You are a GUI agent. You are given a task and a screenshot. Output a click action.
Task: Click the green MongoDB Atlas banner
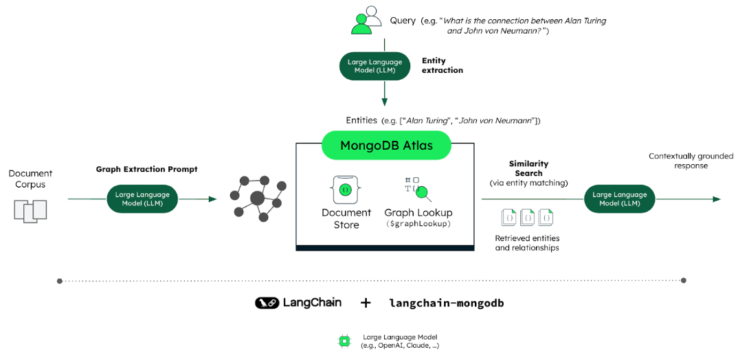click(x=386, y=146)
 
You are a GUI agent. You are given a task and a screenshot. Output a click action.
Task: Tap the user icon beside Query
click(x=365, y=21)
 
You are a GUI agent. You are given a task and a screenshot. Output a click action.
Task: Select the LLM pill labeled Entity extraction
click(x=375, y=66)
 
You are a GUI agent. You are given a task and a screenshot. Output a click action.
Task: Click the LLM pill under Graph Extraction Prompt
click(x=142, y=199)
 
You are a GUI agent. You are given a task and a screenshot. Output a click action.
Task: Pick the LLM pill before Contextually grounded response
click(x=619, y=199)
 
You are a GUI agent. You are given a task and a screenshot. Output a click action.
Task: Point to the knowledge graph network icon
click(x=257, y=198)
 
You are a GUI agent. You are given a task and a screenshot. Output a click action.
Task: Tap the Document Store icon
click(x=346, y=189)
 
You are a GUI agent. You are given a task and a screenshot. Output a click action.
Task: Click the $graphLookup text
click(x=418, y=225)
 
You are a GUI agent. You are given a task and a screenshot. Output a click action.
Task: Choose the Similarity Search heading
click(x=528, y=168)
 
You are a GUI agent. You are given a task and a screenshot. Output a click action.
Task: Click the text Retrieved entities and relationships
click(x=527, y=243)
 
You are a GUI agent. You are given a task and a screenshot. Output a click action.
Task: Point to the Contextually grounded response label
click(x=691, y=161)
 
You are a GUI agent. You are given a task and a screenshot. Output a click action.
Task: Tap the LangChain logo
click(x=298, y=303)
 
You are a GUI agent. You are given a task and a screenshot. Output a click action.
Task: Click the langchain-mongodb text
click(x=446, y=303)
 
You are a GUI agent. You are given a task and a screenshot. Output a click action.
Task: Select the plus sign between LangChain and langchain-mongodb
click(x=366, y=303)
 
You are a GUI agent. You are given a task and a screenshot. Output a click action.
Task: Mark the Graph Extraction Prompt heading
click(x=146, y=169)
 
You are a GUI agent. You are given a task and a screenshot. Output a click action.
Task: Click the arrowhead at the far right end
click(x=717, y=199)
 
